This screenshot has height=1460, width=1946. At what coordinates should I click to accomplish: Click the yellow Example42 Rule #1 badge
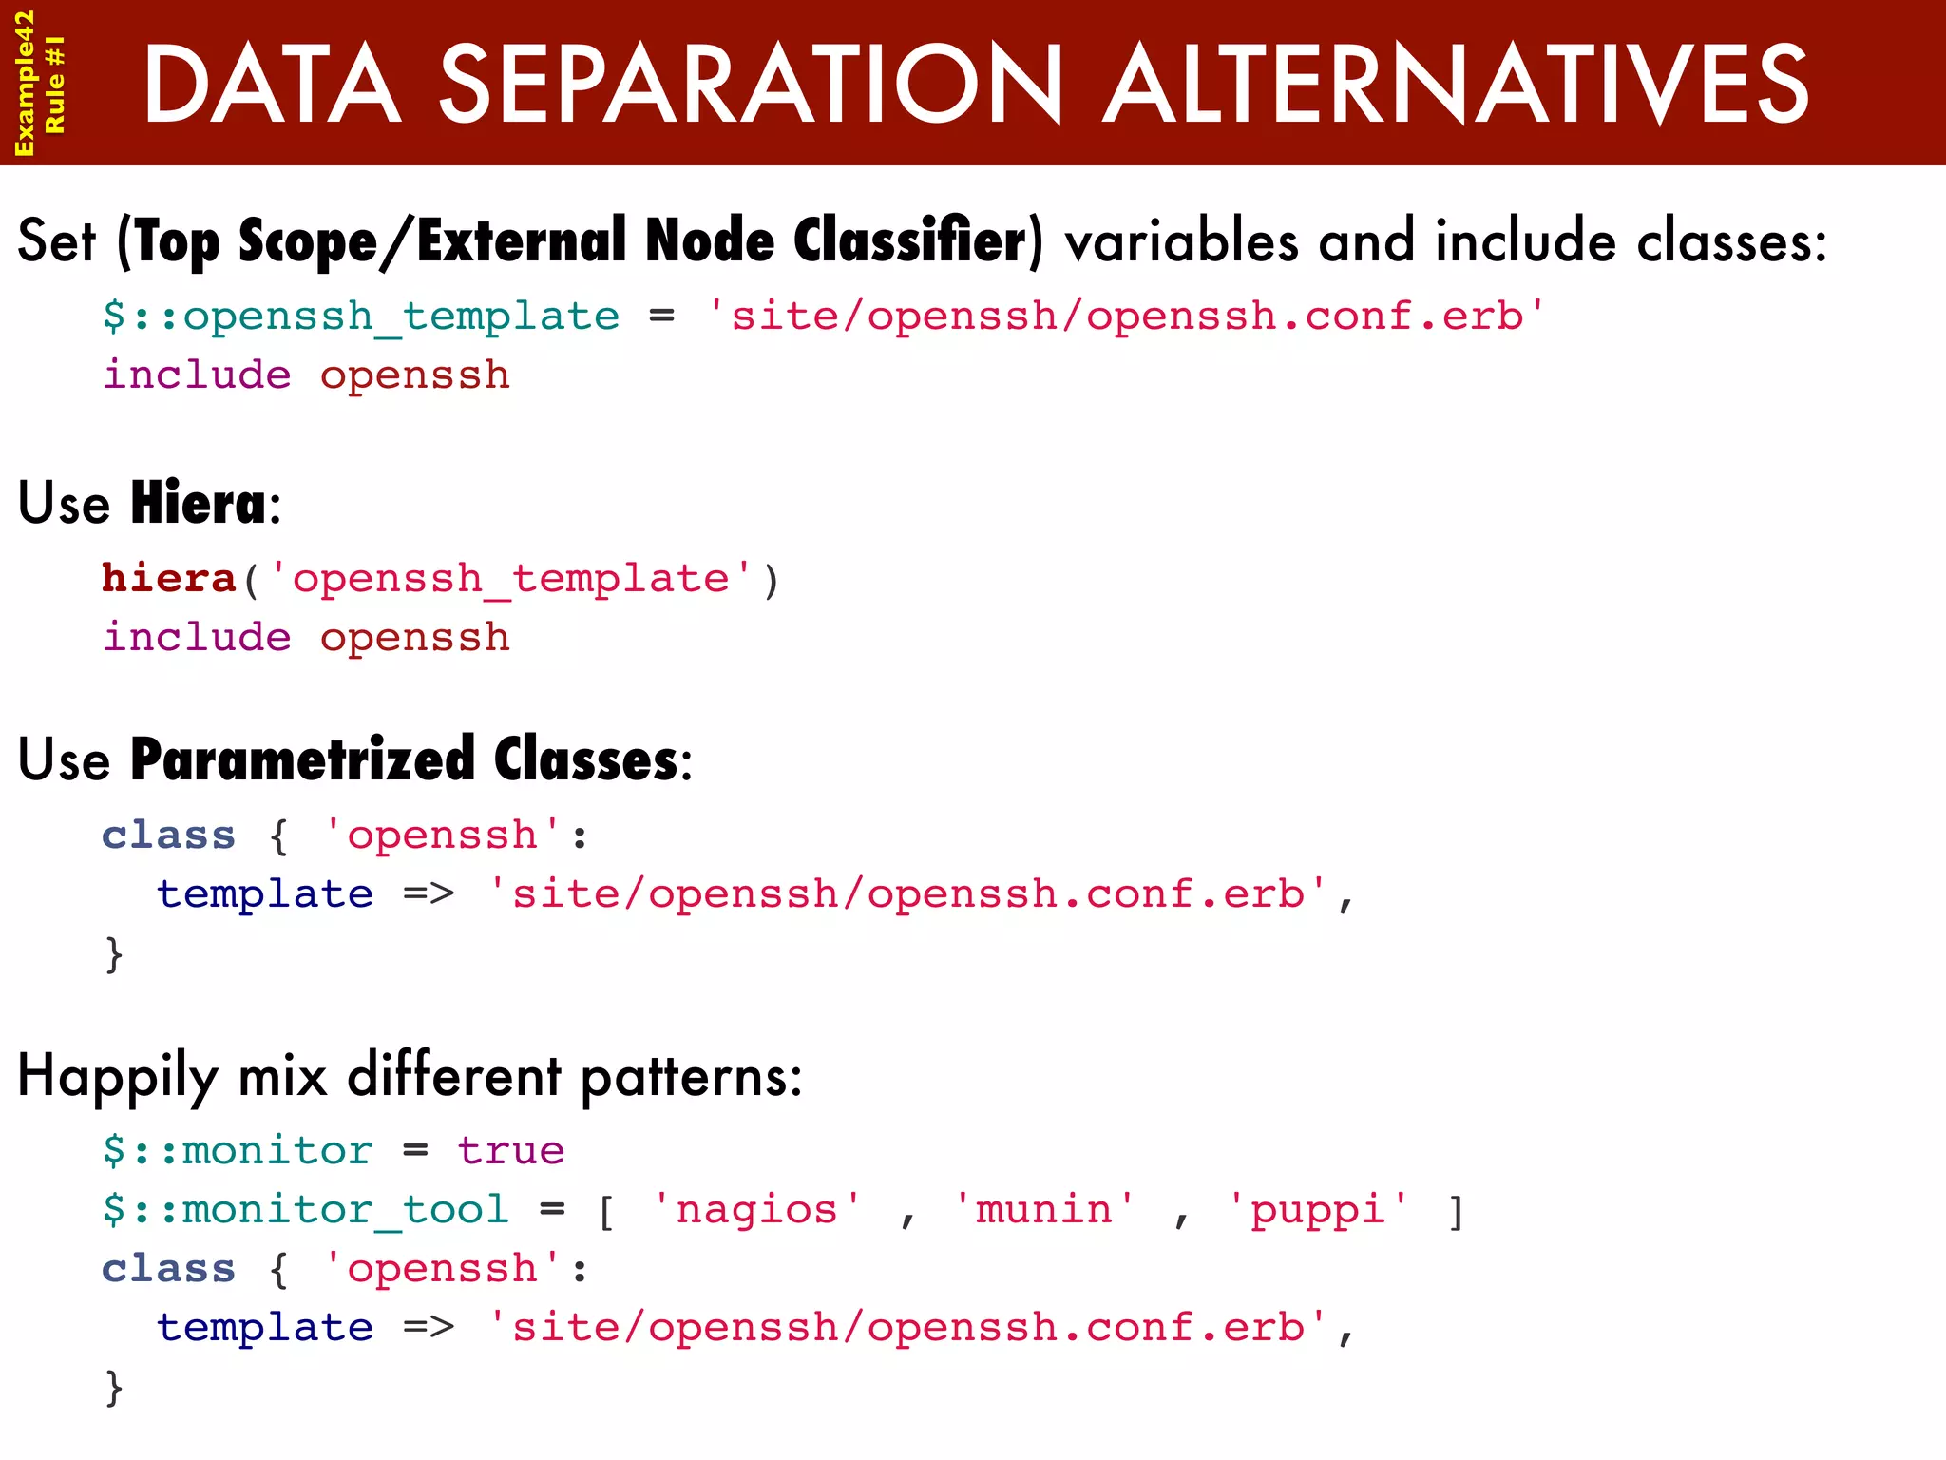tap(40, 83)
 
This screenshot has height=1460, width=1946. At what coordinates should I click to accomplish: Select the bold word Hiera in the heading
tap(198, 503)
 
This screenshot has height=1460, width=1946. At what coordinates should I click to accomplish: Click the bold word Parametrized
tap(302, 759)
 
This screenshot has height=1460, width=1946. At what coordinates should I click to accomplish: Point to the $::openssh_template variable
tap(360, 317)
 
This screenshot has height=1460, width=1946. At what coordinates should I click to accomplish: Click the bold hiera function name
tap(168, 579)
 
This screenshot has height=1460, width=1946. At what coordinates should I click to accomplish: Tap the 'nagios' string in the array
tap(756, 1210)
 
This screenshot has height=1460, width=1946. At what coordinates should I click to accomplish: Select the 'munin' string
tap(1043, 1210)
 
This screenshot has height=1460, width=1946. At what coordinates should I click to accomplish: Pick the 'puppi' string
tap(1317, 1210)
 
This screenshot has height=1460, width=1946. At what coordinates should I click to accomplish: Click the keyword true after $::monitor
tap(510, 1151)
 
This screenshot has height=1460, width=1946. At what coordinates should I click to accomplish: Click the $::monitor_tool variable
tap(305, 1210)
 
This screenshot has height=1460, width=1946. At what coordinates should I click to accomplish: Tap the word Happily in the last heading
tap(118, 1077)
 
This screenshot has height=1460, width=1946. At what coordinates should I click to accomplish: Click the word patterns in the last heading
tap(691, 1077)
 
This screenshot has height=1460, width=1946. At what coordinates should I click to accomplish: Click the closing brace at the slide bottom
tap(114, 1388)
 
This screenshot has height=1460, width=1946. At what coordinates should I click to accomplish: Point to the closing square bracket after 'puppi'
tap(1456, 1212)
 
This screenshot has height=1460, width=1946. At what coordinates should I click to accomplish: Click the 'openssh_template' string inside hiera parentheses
tap(510, 579)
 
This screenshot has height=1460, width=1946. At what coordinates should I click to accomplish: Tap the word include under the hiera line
tap(197, 638)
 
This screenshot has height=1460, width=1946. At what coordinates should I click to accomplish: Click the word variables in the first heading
tap(1180, 240)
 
